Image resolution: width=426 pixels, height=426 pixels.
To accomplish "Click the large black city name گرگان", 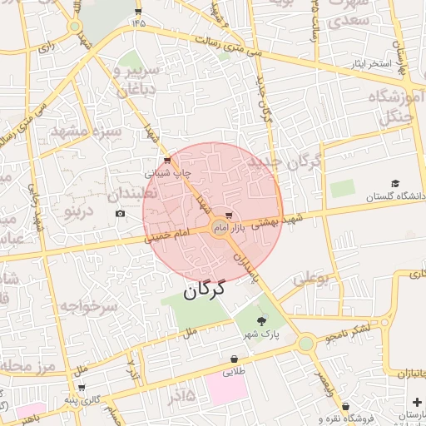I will (205, 290).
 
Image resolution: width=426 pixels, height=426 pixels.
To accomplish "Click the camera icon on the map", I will (120, 214).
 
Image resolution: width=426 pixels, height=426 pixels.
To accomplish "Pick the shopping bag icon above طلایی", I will (234, 359).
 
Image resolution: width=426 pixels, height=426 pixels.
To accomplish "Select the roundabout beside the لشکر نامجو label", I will (307, 342).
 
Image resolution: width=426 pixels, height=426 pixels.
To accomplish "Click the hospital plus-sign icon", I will (415, 401).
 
